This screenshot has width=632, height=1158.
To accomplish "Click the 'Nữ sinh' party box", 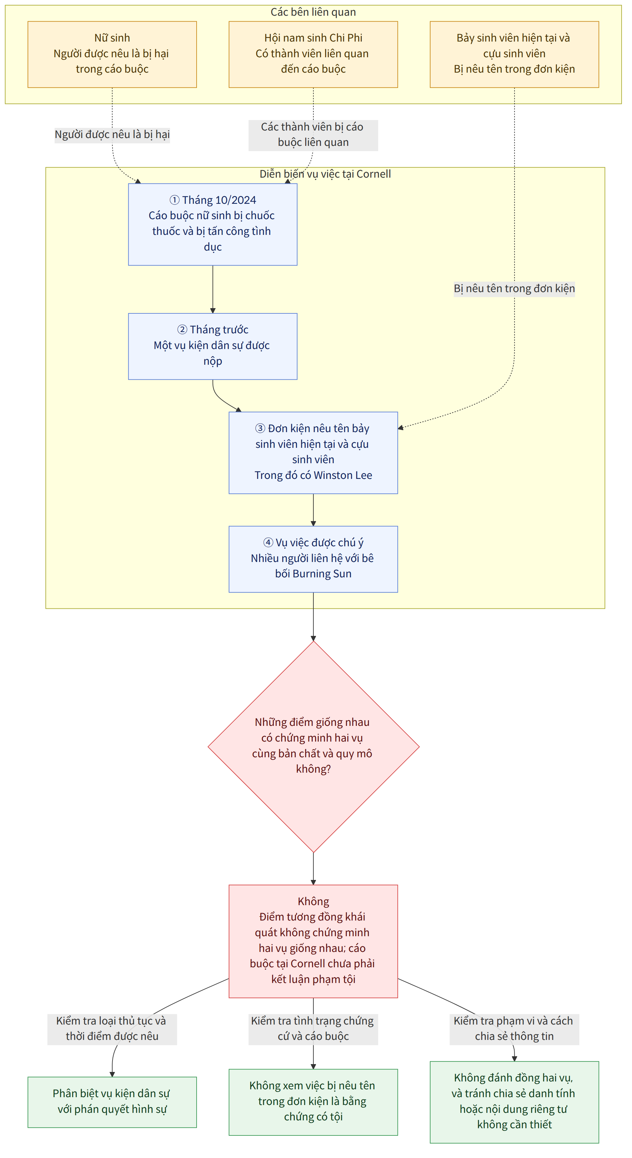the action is click(112, 54).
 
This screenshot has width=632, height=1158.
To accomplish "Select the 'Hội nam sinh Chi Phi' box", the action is click(313, 54).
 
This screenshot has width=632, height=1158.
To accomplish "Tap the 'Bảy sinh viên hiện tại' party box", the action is click(514, 54).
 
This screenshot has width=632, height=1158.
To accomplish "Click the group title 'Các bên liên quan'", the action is click(313, 12).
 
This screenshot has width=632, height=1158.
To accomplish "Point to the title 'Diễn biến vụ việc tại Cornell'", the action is click(325, 174).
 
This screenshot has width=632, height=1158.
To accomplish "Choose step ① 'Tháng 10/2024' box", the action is click(213, 224).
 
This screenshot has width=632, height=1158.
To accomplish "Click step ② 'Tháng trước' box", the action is click(213, 346).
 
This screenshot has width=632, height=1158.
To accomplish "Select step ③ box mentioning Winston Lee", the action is click(313, 453).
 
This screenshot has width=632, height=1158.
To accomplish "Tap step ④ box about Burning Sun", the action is click(313, 559).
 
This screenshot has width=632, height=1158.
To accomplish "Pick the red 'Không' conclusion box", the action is click(313, 941).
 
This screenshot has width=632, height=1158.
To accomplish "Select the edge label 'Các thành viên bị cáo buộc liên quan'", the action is click(313, 135).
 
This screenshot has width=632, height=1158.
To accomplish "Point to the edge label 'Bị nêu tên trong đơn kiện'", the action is click(514, 289).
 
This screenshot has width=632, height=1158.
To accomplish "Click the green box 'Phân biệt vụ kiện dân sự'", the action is click(112, 1102).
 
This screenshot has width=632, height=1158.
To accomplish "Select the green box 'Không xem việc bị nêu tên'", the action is click(313, 1102).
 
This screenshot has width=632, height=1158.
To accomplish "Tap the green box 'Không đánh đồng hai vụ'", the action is click(514, 1102).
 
